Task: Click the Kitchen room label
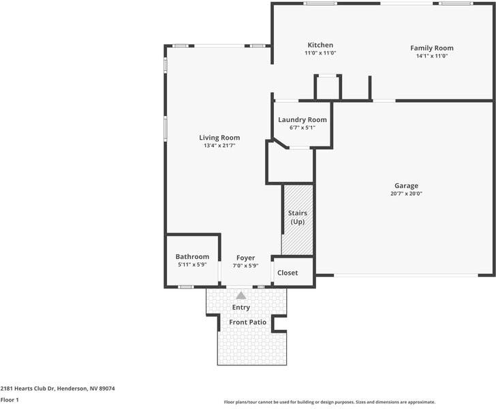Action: click(320, 46)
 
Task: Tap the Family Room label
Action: click(431, 48)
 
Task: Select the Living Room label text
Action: click(219, 138)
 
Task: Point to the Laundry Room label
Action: click(303, 120)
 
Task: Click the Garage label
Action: click(406, 185)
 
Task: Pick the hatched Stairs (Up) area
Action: click(298, 218)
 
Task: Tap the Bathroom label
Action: click(192, 257)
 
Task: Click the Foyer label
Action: click(245, 258)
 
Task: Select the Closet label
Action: click(288, 273)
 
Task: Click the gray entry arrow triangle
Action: click(241, 295)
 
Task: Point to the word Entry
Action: click(241, 307)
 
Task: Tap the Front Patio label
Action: click(247, 322)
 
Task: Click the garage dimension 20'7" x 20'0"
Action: click(406, 194)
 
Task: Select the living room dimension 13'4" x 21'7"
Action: click(219, 146)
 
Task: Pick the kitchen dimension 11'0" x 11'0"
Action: click(320, 53)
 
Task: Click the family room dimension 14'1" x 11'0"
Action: click(431, 56)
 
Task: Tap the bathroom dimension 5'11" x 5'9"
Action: click(192, 264)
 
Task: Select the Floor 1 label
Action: click(10, 399)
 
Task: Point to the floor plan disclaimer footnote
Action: click(329, 402)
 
